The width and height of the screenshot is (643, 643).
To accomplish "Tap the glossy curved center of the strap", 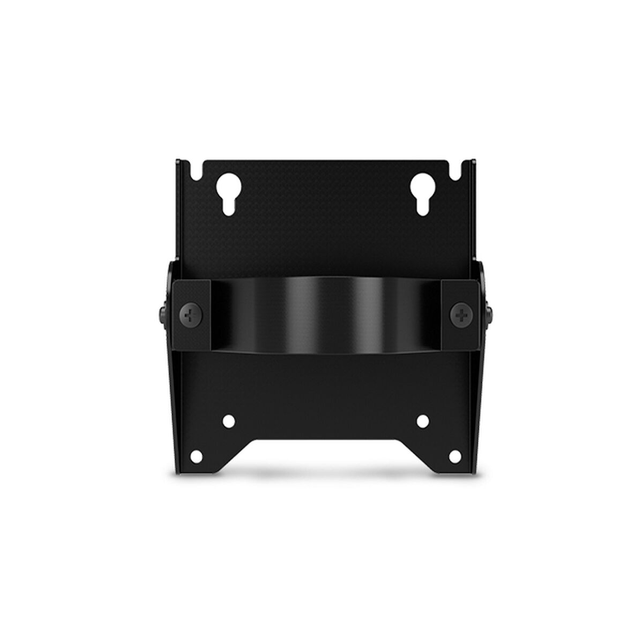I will click(x=322, y=316).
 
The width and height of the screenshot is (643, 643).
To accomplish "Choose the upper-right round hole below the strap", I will click(x=421, y=421).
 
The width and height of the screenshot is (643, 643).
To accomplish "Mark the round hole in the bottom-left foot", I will click(x=197, y=456).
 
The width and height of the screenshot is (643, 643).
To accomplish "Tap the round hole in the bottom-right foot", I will click(x=453, y=456).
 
